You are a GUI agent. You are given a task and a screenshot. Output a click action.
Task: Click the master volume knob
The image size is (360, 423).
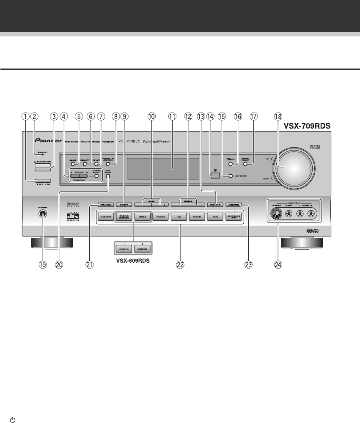pos(296,166)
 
